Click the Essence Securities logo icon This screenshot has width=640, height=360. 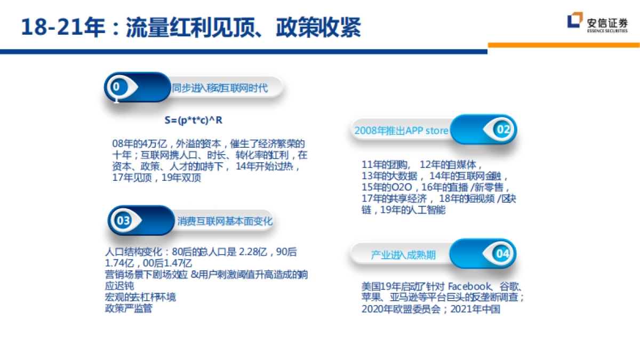[x=575, y=21]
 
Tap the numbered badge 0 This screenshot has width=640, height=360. [x=118, y=86]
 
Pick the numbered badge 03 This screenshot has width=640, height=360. [x=123, y=220]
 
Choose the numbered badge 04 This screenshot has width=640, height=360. [x=503, y=254]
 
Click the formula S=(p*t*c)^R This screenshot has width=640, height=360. [x=194, y=121]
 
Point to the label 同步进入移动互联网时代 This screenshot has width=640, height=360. [x=220, y=88]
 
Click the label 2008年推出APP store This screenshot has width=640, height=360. [x=402, y=131]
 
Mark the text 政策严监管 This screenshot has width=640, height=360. [x=129, y=308]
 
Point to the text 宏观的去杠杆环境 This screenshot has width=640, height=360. [x=140, y=297]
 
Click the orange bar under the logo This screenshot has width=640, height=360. [x=564, y=45]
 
